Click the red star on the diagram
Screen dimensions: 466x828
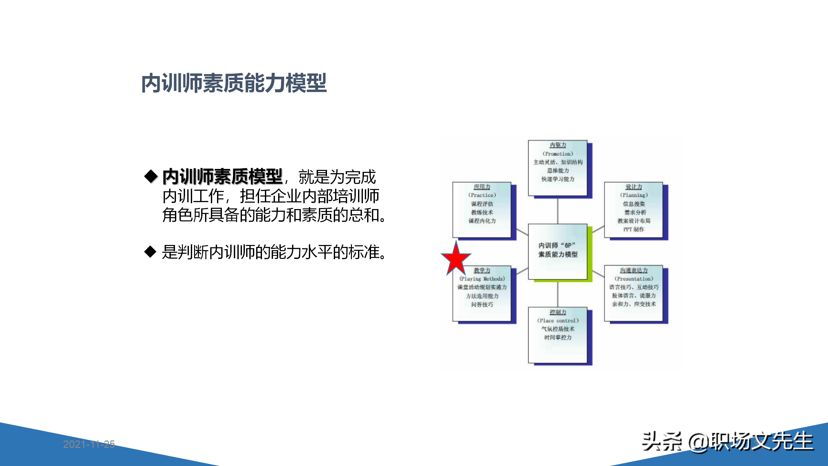tap(456, 258)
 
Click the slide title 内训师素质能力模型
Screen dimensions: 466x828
tap(234, 83)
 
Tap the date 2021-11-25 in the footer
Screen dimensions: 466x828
tap(89, 444)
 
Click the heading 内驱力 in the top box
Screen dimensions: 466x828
tap(558, 145)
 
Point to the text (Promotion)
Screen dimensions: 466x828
tap(558, 154)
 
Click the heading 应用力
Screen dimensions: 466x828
tap(482, 187)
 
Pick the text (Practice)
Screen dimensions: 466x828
tap(482, 195)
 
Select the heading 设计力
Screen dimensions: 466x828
tap(634, 187)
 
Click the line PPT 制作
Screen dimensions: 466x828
tap(634, 229)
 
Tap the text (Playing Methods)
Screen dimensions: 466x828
tap(482, 279)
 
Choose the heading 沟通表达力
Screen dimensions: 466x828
tap(634, 270)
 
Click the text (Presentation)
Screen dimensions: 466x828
tap(634, 279)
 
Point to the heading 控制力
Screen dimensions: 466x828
tap(558, 312)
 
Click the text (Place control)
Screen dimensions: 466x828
tap(558, 321)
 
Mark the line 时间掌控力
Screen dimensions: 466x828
tap(558, 338)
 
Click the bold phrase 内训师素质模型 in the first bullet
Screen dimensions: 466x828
tap(223, 177)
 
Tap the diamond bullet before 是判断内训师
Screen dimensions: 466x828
tap(150, 252)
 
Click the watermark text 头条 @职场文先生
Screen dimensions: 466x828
tap(727, 441)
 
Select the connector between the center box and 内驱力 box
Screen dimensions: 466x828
tap(558, 210)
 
